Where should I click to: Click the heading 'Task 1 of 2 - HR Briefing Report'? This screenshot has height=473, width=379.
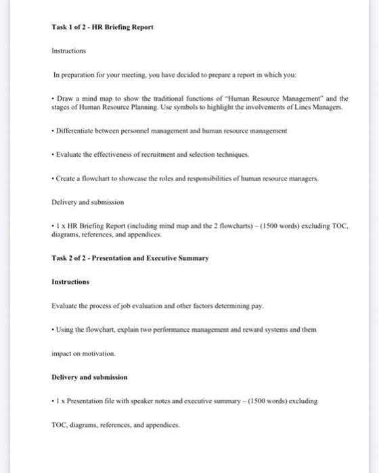pos(103,27)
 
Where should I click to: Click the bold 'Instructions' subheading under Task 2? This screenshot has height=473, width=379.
pos(70,281)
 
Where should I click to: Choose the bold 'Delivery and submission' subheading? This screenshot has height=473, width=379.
pos(89,376)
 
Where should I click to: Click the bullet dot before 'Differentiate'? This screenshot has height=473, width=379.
pos(53,130)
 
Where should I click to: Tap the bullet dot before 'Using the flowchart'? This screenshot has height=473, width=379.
pos(53,330)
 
